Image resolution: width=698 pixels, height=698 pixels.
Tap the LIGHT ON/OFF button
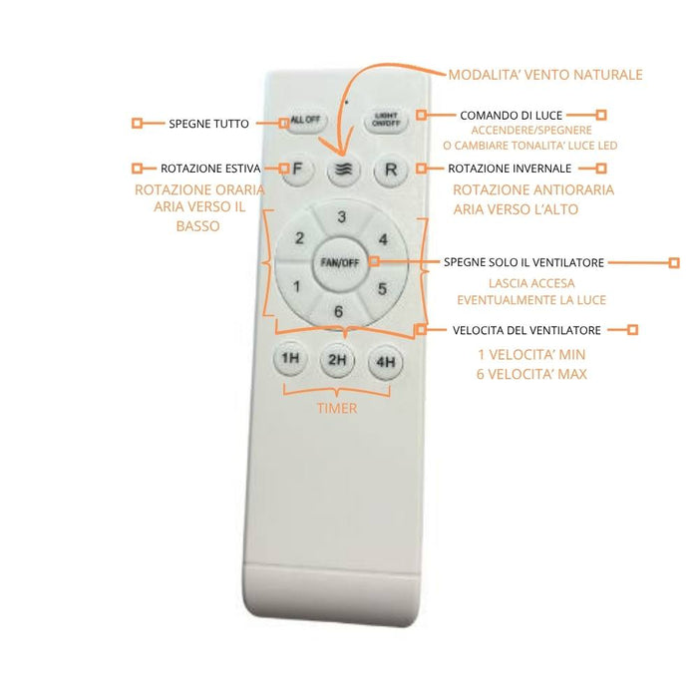[x=386, y=120]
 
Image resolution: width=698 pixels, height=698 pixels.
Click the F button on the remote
[x=298, y=170]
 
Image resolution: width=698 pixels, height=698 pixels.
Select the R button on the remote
[x=391, y=170]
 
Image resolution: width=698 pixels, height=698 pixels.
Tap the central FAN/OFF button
[x=340, y=262]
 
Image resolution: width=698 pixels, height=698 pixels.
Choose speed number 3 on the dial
[x=341, y=216]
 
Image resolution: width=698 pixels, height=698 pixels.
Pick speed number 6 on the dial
[x=338, y=311]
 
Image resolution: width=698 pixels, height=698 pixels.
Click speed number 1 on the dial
[x=297, y=286]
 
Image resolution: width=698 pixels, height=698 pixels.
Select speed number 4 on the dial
[x=383, y=239]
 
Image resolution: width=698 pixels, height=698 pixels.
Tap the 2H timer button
[x=337, y=360]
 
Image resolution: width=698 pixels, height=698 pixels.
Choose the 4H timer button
[x=386, y=362]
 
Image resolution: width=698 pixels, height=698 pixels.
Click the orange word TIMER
[x=337, y=408]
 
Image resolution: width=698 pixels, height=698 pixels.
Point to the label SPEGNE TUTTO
[x=208, y=124]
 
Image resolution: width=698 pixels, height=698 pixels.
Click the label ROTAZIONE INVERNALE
[x=510, y=169]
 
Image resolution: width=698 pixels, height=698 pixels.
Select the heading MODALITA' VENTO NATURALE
[x=545, y=75]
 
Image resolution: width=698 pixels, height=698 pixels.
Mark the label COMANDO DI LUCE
[x=511, y=116]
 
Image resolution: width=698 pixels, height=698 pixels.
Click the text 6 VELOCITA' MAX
[x=531, y=374]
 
